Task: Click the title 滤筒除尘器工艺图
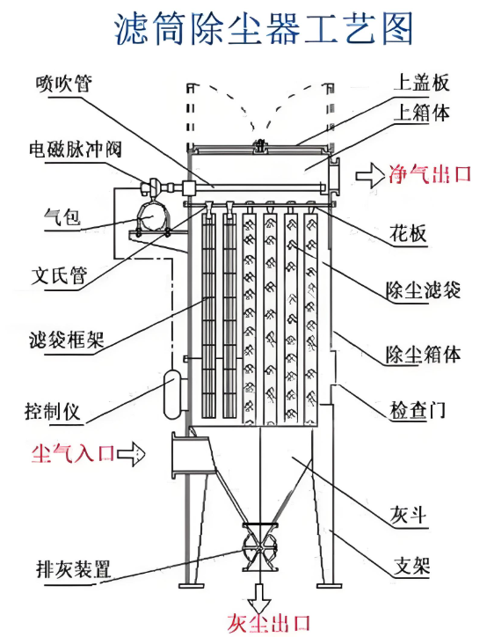click(264, 28)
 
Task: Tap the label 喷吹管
click(64, 84)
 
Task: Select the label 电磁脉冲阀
click(76, 149)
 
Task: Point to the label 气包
click(62, 216)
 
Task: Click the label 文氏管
click(59, 275)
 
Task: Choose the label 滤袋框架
click(67, 340)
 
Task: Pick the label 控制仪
click(53, 411)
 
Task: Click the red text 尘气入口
click(73, 453)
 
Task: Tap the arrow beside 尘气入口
click(131, 453)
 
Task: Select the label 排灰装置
click(74, 568)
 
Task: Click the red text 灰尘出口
click(268, 623)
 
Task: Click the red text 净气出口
click(429, 174)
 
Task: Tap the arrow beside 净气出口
click(370, 175)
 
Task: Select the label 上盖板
click(421, 83)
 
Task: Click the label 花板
click(408, 232)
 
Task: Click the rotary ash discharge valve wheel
click(259, 547)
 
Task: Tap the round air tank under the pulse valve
click(152, 216)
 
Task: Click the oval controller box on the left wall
click(172, 393)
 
